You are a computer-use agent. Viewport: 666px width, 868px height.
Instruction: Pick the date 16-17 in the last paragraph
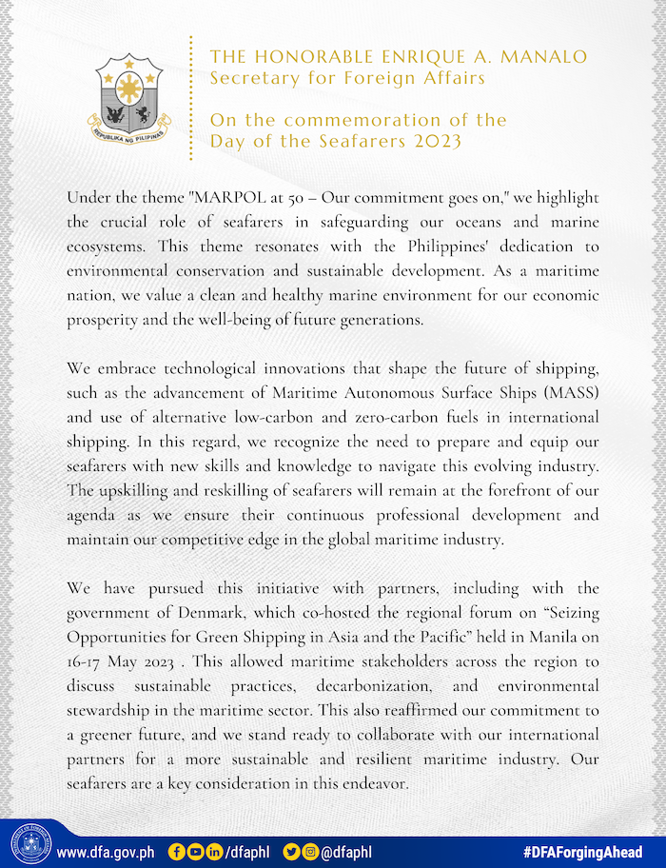point(83,658)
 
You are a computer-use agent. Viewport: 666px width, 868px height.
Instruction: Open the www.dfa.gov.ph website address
point(106,851)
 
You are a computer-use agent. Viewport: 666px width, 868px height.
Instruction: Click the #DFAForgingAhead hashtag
point(582,851)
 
